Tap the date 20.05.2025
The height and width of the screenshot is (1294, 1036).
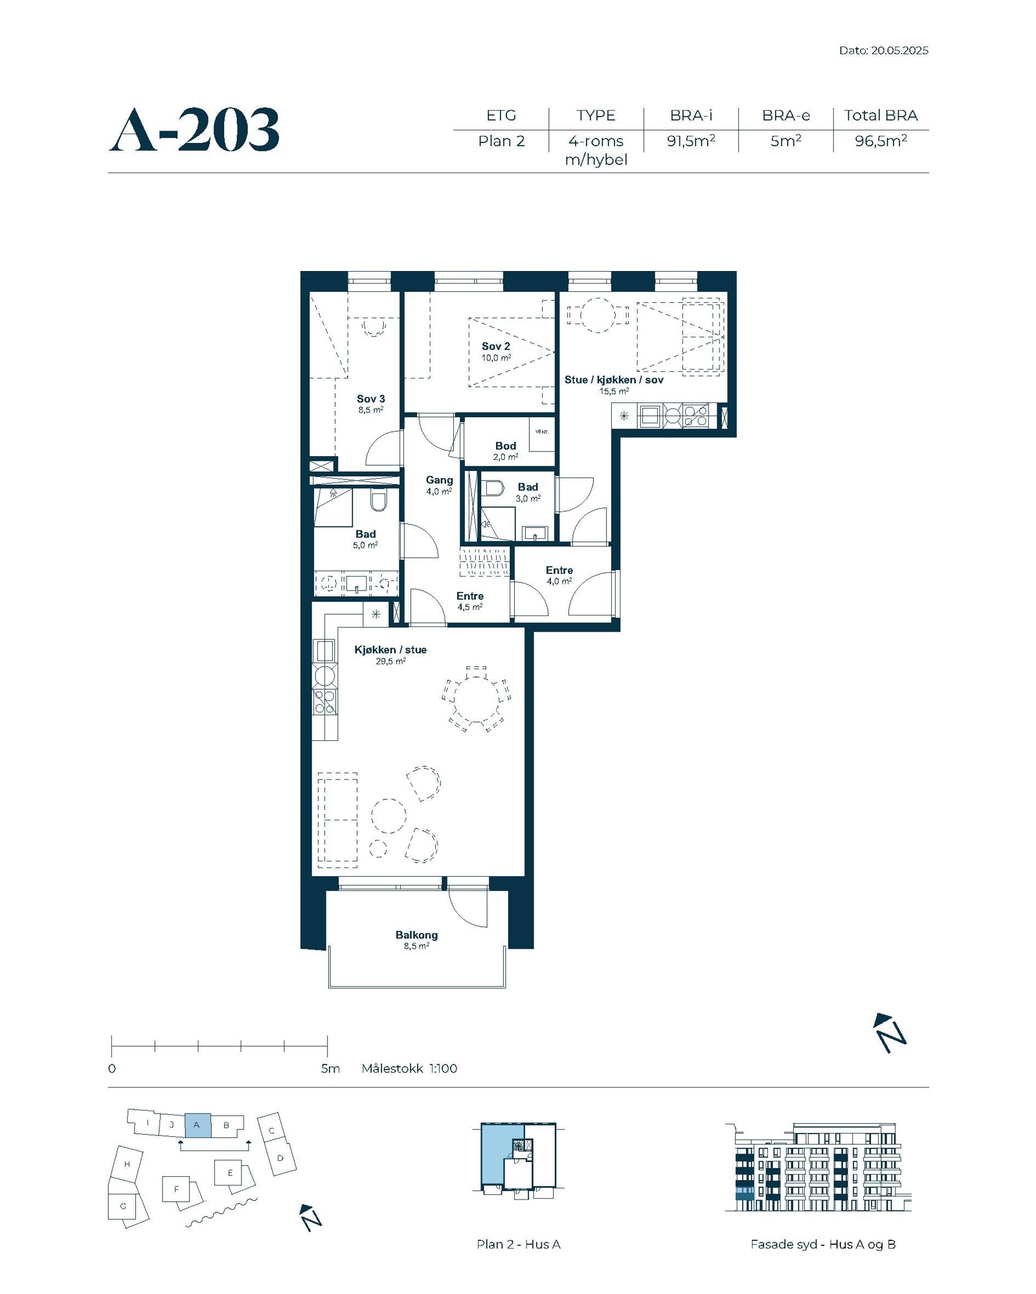point(899,50)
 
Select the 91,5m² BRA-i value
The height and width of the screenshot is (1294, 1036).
point(691,141)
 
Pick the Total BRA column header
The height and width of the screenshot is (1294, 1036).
point(881,115)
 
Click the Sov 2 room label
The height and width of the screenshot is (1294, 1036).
point(496,346)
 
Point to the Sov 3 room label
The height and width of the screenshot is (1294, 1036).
point(371,399)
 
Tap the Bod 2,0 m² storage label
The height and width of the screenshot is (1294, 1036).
point(506,451)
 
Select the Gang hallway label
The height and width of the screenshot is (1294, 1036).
point(439,480)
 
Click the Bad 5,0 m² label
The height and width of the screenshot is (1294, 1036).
point(366,539)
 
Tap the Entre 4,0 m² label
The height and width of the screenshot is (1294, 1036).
point(559,575)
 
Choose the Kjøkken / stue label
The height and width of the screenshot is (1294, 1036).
point(390,650)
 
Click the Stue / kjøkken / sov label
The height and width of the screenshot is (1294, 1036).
point(614,380)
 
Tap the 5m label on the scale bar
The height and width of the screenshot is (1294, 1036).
point(330,1068)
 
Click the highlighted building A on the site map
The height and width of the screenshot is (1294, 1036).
point(197,1125)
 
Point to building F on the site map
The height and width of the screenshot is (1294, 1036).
point(176,1189)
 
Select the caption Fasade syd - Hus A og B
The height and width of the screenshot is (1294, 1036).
point(823,1244)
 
